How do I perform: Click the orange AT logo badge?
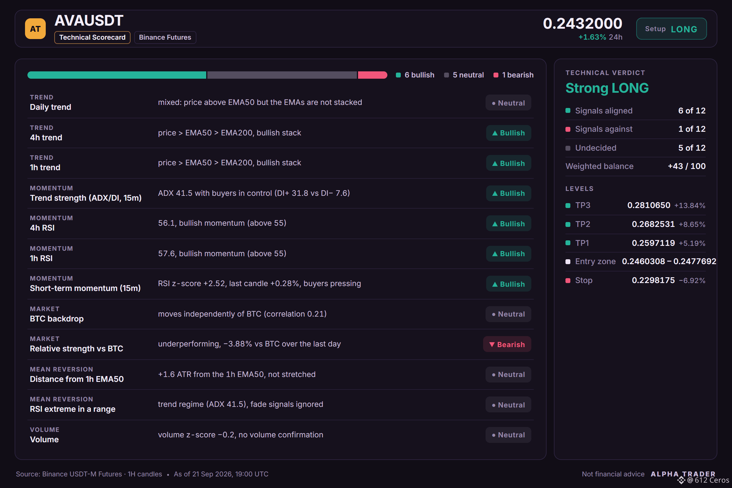coord(35,29)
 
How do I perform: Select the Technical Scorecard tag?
coord(92,37)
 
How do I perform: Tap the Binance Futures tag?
coord(165,37)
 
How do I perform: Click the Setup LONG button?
coord(671,29)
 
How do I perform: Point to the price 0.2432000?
coord(582,23)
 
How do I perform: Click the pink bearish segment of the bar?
coord(372,75)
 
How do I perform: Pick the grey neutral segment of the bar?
coord(282,75)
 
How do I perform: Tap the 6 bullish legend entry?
coord(415,75)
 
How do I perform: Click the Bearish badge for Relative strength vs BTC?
coord(507,344)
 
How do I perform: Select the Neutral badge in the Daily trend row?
coord(508,103)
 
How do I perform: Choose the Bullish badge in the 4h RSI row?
coord(508,224)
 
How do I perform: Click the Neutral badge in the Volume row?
coord(508,435)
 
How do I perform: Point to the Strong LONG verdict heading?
coord(607,88)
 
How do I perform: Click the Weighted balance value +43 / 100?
coord(687,166)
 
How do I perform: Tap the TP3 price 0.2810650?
coord(649,205)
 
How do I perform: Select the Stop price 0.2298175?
coord(653,280)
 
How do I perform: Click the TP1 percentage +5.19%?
coord(692,243)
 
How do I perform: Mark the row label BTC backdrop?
coord(57,319)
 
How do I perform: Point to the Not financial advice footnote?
coord(613,474)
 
